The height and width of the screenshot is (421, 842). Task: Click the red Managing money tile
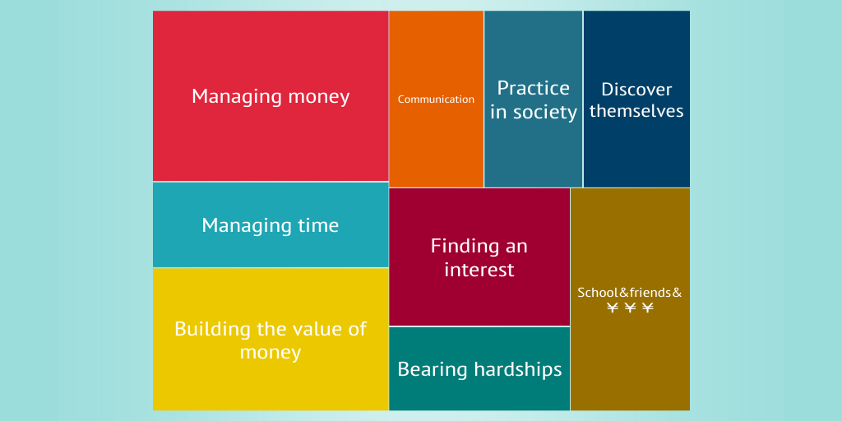tap(271, 96)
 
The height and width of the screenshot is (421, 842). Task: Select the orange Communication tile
tap(436, 99)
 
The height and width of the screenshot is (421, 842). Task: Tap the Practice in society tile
tap(533, 99)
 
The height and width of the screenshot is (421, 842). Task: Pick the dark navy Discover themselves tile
tap(636, 99)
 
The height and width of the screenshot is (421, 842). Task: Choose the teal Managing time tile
tap(271, 224)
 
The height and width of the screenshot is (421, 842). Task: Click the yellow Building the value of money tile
tap(271, 340)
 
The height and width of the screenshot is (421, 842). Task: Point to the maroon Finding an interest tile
tap(479, 257)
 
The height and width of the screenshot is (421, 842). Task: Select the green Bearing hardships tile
tap(479, 368)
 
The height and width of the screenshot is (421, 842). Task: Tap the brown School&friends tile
tap(630, 299)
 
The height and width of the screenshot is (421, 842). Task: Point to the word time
tap(318, 225)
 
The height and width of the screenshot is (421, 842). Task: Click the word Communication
tap(436, 99)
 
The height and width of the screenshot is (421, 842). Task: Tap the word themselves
tap(636, 111)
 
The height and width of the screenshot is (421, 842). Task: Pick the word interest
tap(479, 269)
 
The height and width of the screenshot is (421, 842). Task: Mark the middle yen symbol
tap(630, 308)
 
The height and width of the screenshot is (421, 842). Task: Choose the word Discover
tap(636, 89)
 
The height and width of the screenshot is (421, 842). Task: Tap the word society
tap(545, 112)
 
